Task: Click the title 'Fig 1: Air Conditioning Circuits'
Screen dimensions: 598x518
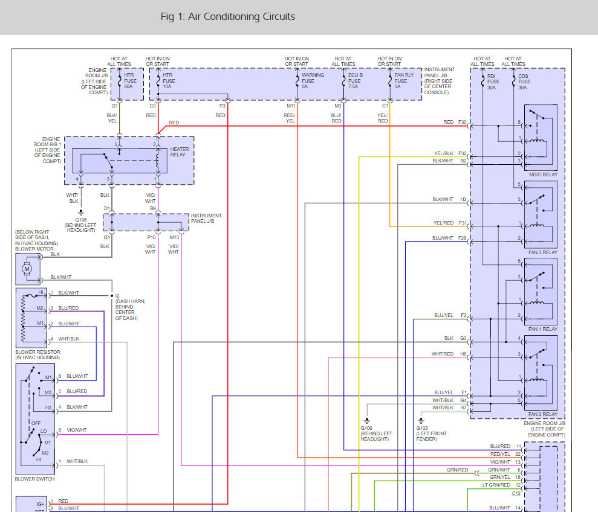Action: [228, 17]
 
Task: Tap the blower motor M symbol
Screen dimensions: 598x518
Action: [27, 269]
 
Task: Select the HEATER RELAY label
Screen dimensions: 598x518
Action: [179, 152]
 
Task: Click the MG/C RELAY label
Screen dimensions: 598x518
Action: [543, 174]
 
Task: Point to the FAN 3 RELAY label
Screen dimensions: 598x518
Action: [543, 252]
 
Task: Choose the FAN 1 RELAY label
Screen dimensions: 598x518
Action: [543, 329]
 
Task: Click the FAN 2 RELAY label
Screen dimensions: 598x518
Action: [543, 414]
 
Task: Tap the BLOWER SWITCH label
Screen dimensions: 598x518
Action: [34, 479]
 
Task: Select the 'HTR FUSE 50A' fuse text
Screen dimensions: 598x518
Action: [130, 81]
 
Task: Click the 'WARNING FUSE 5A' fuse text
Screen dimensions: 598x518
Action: [313, 81]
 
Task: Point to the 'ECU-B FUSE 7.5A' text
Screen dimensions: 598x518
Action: [356, 81]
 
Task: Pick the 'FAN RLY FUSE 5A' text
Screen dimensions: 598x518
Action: [404, 81]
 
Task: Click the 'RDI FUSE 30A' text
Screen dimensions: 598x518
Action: [493, 82]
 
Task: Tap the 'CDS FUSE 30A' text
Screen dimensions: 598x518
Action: [524, 82]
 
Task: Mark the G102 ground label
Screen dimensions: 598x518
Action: [422, 428]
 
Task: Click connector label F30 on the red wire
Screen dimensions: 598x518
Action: [462, 123]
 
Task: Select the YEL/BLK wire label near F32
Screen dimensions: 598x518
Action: [444, 153]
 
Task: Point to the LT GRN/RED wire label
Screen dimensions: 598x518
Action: [496, 485]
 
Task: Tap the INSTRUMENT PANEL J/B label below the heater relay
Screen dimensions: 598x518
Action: [206, 218]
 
